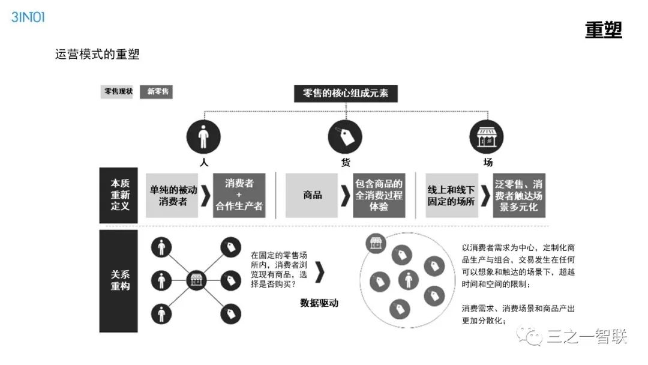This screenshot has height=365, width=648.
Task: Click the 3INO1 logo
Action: (x=28, y=16)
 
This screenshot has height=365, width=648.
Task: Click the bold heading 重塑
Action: (x=603, y=29)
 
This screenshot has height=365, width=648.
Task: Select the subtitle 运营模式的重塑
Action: (x=97, y=54)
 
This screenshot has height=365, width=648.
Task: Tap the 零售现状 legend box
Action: (x=118, y=92)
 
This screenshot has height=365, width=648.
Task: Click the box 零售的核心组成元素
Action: (x=346, y=94)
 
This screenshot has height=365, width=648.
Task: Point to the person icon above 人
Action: (x=204, y=137)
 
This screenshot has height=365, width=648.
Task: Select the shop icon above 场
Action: (x=486, y=137)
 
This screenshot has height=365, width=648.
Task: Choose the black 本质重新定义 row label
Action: (x=119, y=195)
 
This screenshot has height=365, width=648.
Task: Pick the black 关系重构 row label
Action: (x=119, y=280)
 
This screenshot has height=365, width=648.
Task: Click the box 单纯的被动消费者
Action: (x=173, y=195)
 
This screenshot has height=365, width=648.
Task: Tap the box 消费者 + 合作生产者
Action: (x=239, y=195)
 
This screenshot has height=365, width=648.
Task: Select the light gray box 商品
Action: (x=312, y=195)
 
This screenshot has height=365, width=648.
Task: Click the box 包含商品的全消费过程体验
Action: (x=379, y=195)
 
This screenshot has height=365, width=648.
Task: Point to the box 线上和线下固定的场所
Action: (x=451, y=195)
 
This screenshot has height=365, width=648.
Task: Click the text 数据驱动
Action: (x=319, y=303)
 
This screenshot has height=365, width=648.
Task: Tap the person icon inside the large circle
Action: (x=409, y=280)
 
